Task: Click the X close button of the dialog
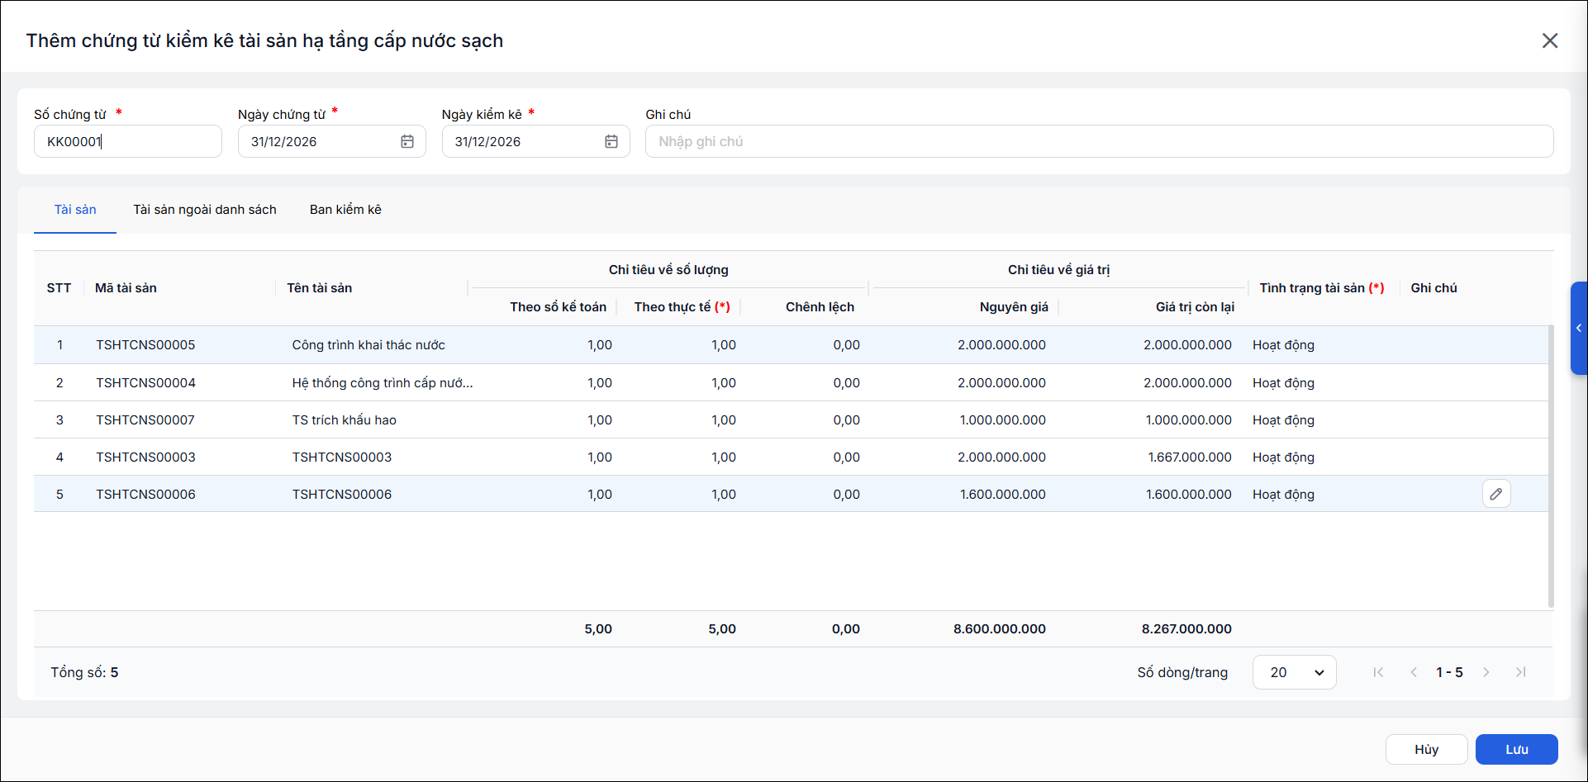1549,40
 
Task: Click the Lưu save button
1516,749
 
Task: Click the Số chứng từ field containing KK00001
128,141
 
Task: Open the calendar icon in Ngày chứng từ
407,141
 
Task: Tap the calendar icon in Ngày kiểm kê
611,141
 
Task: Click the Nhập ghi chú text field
1099,141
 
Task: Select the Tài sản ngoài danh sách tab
205,210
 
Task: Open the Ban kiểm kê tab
345,210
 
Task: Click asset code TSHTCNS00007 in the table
145,419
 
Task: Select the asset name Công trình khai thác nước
368,345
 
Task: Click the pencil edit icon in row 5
1496,494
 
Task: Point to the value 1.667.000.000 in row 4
1190,457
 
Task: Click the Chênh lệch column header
820,307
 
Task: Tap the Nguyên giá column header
1014,307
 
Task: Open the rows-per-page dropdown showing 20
1294,672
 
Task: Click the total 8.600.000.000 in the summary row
999,628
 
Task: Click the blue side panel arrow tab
1579,328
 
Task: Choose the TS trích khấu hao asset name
344,419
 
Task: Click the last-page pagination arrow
1520,672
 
